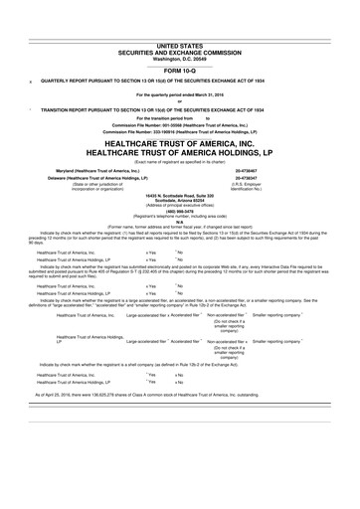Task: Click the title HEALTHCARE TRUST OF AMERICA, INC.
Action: point(179,143)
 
